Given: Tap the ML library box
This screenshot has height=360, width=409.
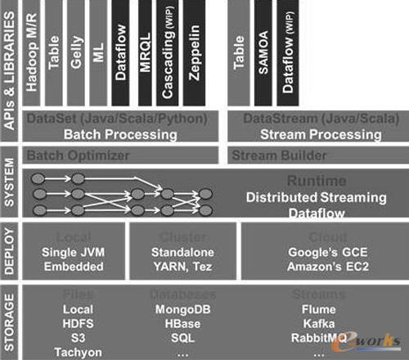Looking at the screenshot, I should point(98,53).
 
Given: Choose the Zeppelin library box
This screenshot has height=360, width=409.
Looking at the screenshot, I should point(193,53).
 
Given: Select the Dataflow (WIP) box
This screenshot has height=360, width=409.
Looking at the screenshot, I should point(289,53).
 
